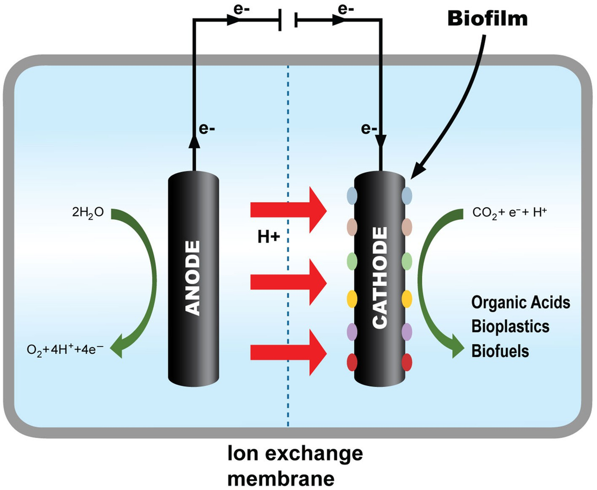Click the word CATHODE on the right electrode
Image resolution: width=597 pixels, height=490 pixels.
[x=381, y=278]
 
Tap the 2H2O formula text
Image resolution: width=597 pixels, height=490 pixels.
[x=88, y=214]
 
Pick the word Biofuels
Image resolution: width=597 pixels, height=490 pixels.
[x=499, y=351]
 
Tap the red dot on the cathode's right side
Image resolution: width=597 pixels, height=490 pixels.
[x=406, y=362]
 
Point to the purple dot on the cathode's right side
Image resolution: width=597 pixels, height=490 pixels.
[x=406, y=331]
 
